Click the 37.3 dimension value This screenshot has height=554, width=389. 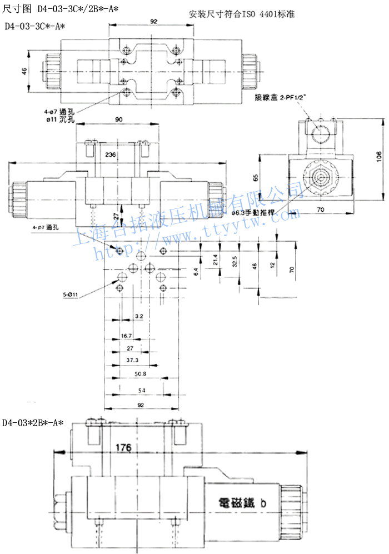pos(132,360)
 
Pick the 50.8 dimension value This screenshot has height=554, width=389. pos(140,374)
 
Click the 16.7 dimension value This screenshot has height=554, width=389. pos(126,336)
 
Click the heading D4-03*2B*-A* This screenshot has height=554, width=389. pos(33,423)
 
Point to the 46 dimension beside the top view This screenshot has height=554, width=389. pos(24,71)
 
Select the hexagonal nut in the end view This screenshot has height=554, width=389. pos(320,177)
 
